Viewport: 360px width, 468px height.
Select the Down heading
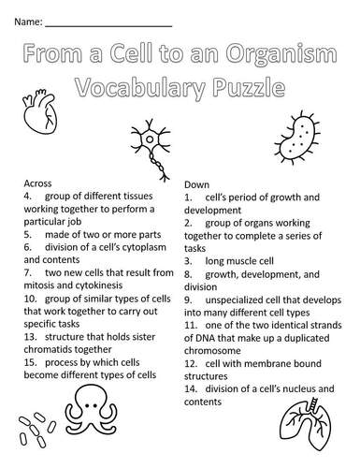coord(197,183)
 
